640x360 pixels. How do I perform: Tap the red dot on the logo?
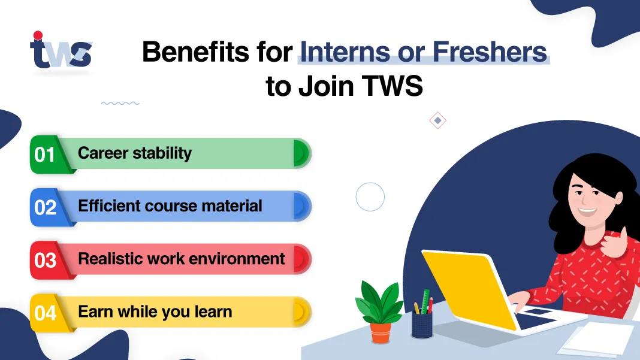[38, 35]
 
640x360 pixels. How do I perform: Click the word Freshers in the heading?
[490, 52]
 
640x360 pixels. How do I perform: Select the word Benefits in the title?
[195, 52]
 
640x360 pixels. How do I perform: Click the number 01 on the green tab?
[44, 155]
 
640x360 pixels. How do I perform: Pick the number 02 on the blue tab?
[45, 207]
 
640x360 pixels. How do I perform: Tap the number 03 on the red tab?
[45, 261]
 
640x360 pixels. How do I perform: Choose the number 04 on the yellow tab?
[45, 313]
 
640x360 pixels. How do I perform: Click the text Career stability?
[135, 153]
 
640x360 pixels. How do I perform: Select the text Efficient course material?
[170, 205]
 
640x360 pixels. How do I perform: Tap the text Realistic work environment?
[181, 259]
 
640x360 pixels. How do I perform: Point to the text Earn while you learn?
[155, 312]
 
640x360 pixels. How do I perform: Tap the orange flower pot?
[381, 332]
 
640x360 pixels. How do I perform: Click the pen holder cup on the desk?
[422, 325]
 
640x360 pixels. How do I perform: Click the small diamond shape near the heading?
[437, 120]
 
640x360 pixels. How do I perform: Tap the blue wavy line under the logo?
[120, 103]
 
